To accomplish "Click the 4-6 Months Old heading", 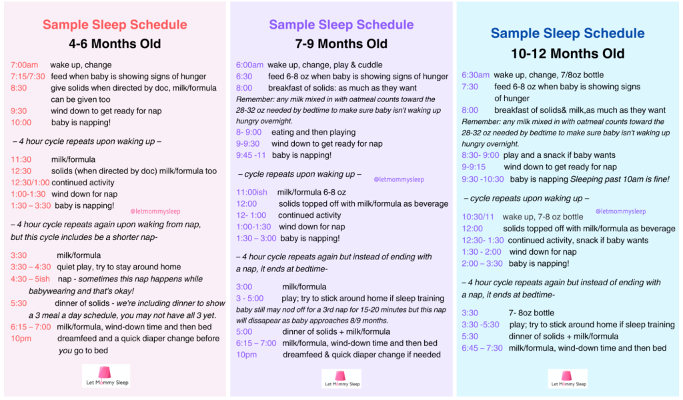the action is point(115,43).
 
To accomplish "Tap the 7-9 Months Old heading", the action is point(341,43).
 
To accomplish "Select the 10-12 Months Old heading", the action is point(568,53).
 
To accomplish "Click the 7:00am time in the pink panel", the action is point(25,65).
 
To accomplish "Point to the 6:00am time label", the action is point(249,65).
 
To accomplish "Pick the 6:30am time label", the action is point(475,75).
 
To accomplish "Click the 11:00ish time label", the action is point(251,192).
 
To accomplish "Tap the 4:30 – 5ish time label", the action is point(30,279).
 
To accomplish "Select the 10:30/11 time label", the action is point(478,217).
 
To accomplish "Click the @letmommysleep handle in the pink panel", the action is point(155,211).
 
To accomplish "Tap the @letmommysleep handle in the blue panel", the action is point(620,211).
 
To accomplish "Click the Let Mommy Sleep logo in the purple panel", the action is point(341,379).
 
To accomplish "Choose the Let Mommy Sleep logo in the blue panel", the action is point(568,379).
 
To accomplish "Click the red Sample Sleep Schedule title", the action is point(115,25).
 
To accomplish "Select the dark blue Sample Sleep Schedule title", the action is point(568,33).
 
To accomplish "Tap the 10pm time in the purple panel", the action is point(246,355).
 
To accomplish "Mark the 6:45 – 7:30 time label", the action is point(482,348).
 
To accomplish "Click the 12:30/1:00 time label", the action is point(29,183).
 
